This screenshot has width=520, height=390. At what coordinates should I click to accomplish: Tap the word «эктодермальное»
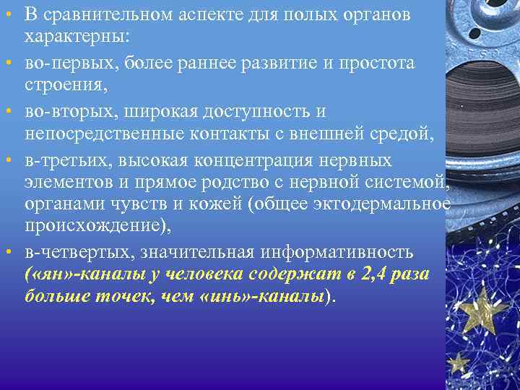click(382, 204)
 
